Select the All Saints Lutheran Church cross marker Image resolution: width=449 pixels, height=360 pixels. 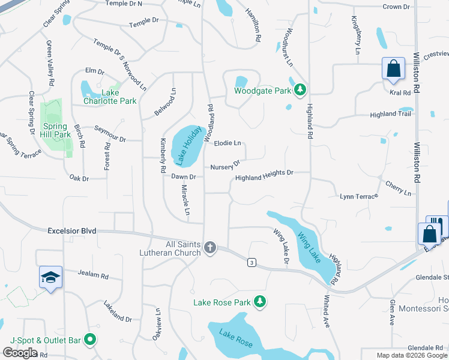pyautogui.click(x=210, y=247)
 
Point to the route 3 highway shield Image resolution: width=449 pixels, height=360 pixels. pyautogui.click(x=251, y=262)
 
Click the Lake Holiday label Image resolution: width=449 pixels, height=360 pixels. pyautogui.click(x=186, y=146)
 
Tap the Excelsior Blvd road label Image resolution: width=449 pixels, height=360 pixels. pyautogui.click(x=71, y=230)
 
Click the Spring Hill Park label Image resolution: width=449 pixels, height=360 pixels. pyautogui.click(x=56, y=130)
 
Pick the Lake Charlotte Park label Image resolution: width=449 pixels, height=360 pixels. pyautogui.click(x=110, y=97)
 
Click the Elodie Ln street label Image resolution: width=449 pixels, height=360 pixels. pyautogui.click(x=228, y=143)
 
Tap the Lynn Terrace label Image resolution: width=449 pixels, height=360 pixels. pyautogui.click(x=359, y=196)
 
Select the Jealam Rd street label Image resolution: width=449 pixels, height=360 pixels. pyautogui.click(x=93, y=275)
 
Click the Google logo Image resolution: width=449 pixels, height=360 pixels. pyautogui.click(x=20, y=353)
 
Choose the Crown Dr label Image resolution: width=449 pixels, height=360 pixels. pyautogui.click(x=396, y=7)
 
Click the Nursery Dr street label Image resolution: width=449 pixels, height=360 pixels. pyautogui.click(x=225, y=165)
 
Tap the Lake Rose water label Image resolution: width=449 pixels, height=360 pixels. pyautogui.click(x=236, y=340)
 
